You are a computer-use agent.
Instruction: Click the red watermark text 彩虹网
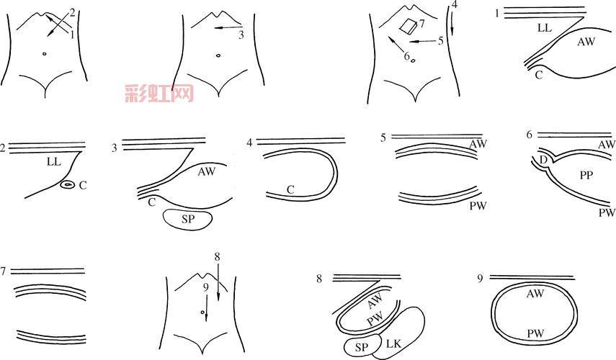pyautogui.click(x=159, y=94)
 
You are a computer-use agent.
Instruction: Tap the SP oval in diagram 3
pyautogui.click(x=188, y=219)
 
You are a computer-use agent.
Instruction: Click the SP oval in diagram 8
pyautogui.click(x=362, y=346)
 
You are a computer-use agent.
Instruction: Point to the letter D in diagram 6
pyautogui.click(x=544, y=160)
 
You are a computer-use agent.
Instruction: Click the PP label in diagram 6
pyautogui.click(x=586, y=175)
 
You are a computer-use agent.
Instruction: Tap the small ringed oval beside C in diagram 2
pyautogui.click(x=68, y=184)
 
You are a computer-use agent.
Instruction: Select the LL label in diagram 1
pyautogui.click(x=545, y=28)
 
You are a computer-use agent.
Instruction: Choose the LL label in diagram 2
pyautogui.click(x=54, y=161)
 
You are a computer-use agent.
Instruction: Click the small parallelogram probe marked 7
pyautogui.click(x=409, y=27)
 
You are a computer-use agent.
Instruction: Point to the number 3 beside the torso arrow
pyautogui.click(x=241, y=35)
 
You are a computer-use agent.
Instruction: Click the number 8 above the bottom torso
pyautogui.click(x=217, y=257)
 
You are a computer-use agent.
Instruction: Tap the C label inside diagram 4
pyautogui.click(x=290, y=190)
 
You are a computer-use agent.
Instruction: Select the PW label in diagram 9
pyautogui.click(x=535, y=333)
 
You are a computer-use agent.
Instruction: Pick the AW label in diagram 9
pyautogui.click(x=535, y=293)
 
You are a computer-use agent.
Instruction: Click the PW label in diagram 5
pyautogui.click(x=478, y=205)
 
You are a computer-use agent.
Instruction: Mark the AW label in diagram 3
pyautogui.click(x=207, y=171)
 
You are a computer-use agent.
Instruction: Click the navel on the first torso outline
pyautogui.click(x=44, y=54)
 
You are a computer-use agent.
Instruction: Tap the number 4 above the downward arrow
pyautogui.click(x=455, y=5)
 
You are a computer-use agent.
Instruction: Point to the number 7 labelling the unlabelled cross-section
pyautogui.click(x=3, y=271)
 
